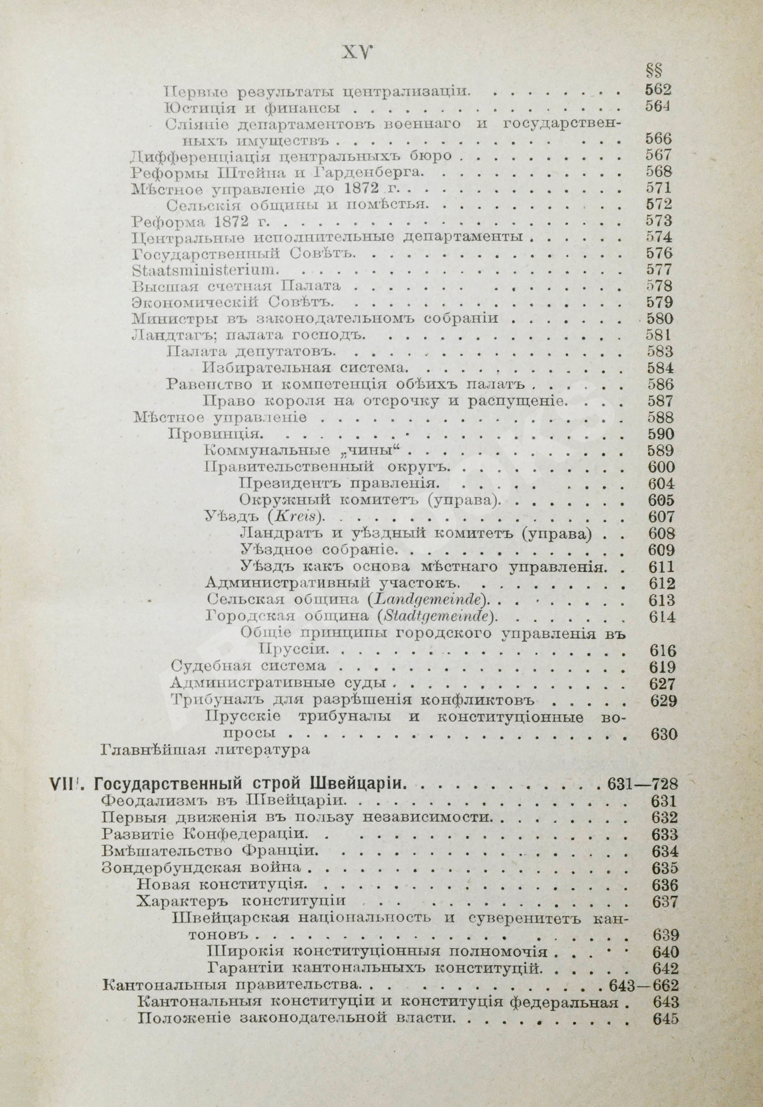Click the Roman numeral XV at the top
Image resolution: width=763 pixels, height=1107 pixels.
[x=357, y=52]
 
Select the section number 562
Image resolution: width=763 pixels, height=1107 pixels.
[x=658, y=89]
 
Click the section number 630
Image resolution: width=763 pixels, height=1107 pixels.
[x=663, y=734]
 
